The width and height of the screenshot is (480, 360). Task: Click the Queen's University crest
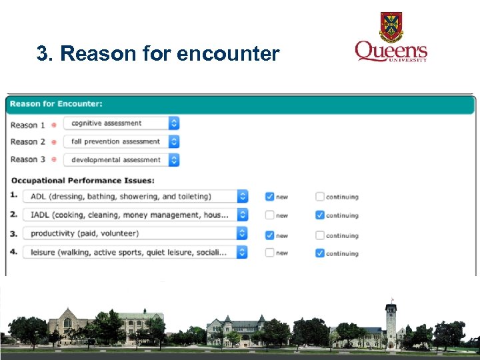(x=391, y=27)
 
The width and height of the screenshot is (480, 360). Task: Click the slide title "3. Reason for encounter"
(x=158, y=54)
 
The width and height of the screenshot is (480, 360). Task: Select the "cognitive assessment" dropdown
(x=121, y=123)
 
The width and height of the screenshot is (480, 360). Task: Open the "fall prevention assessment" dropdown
(x=121, y=141)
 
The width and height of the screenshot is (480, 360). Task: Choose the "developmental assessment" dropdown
(x=121, y=160)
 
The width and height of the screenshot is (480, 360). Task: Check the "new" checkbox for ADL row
(x=269, y=197)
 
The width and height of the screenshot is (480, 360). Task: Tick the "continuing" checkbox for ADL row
(x=320, y=197)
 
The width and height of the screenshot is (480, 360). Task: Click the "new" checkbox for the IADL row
(x=269, y=215)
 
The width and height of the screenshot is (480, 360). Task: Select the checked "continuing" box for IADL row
(x=320, y=215)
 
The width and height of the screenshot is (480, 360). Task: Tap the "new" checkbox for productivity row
(x=269, y=235)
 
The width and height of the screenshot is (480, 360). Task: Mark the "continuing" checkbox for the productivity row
(x=320, y=235)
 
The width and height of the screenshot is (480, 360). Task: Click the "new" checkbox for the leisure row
(x=269, y=253)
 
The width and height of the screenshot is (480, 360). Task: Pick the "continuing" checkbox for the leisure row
(x=320, y=253)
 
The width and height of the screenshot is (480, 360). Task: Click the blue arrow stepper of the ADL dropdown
(x=242, y=197)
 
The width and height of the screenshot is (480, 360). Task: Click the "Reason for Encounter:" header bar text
(x=56, y=104)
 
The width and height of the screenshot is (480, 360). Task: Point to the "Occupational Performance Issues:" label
(x=83, y=181)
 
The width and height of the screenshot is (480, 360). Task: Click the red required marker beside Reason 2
(x=54, y=142)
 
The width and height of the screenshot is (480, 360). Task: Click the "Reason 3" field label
(x=28, y=160)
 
